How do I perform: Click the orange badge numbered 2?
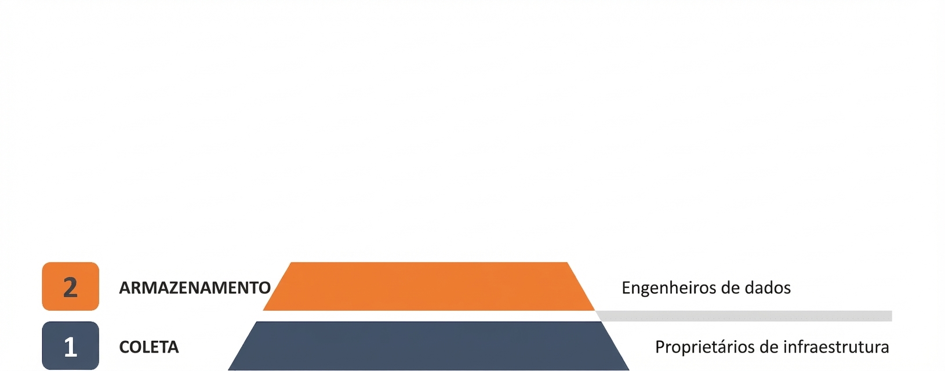(x=71, y=286)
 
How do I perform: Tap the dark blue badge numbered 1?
(x=71, y=345)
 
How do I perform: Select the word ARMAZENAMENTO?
(x=194, y=288)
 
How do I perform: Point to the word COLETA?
(x=149, y=347)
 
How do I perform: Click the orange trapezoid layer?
(x=428, y=286)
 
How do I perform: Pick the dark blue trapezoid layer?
(x=428, y=345)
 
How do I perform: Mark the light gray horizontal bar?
(x=743, y=316)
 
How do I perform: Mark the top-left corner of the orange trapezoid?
(x=291, y=262)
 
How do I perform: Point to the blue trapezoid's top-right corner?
(x=601, y=322)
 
